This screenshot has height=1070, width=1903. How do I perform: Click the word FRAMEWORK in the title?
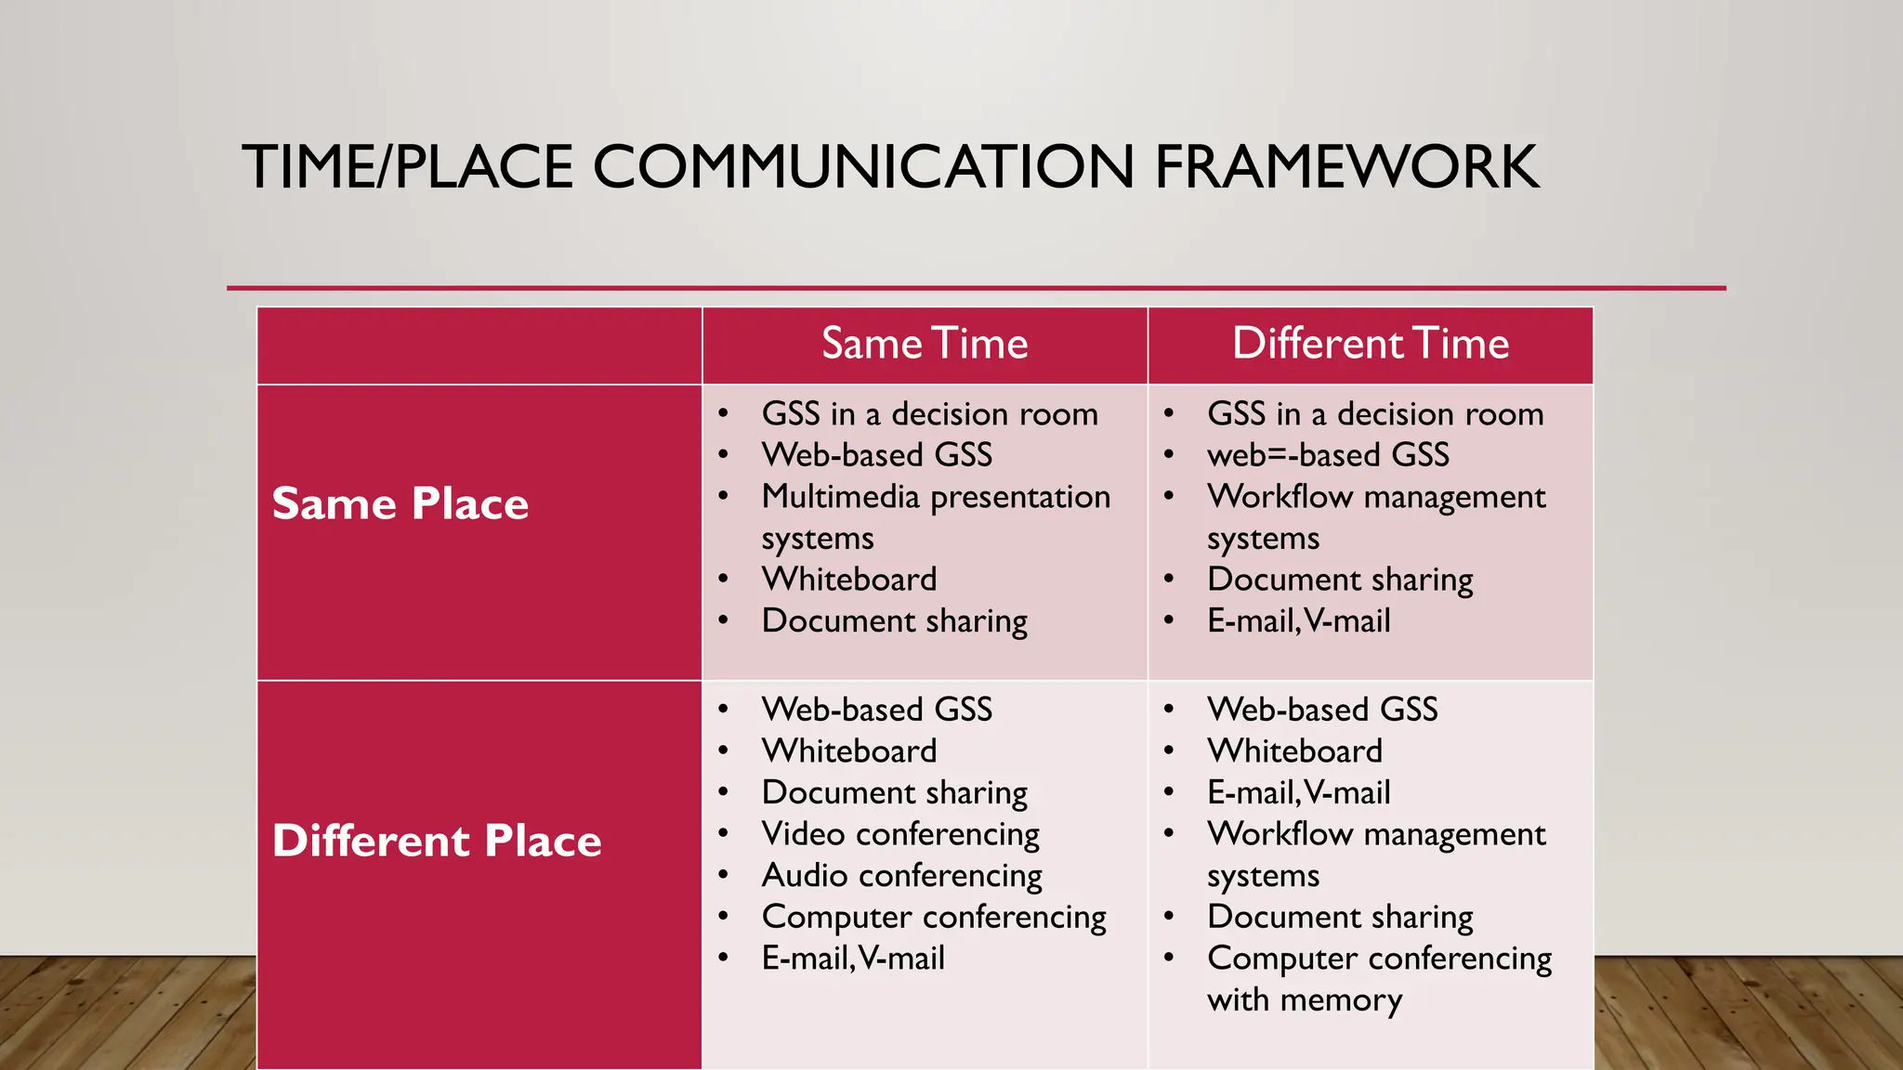[1346, 167]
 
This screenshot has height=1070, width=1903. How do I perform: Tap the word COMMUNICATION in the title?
[863, 167]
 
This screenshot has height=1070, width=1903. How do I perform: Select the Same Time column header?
[925, 344]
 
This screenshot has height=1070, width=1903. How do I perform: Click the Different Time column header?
[1371, 344]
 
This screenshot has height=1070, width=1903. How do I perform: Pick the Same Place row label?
[400, 504]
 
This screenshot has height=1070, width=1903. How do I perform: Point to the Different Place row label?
[437, 842]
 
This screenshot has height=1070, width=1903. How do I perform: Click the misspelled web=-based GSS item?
[1328, 455]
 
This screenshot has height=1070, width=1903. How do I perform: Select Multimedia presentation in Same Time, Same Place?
[936, 497]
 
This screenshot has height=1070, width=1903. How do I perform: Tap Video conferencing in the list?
[900, 834]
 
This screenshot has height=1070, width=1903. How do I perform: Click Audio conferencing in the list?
[901, 876]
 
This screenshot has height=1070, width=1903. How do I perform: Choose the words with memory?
[1305, 1000]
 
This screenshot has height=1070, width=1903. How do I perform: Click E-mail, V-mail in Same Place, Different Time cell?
[1298, 621]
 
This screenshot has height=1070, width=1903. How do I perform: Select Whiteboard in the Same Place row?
[849, 580]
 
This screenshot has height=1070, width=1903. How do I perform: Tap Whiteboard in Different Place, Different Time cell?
[1294, 751]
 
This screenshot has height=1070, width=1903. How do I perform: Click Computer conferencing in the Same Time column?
[934, 918]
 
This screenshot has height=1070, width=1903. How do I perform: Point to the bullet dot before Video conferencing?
[723, 834]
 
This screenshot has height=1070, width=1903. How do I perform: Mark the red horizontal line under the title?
[976, 288]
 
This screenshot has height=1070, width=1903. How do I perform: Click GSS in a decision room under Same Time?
[929, 414]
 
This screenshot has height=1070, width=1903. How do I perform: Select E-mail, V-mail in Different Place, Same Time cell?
[853, 959]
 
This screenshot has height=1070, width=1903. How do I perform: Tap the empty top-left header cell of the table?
[479, 345]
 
